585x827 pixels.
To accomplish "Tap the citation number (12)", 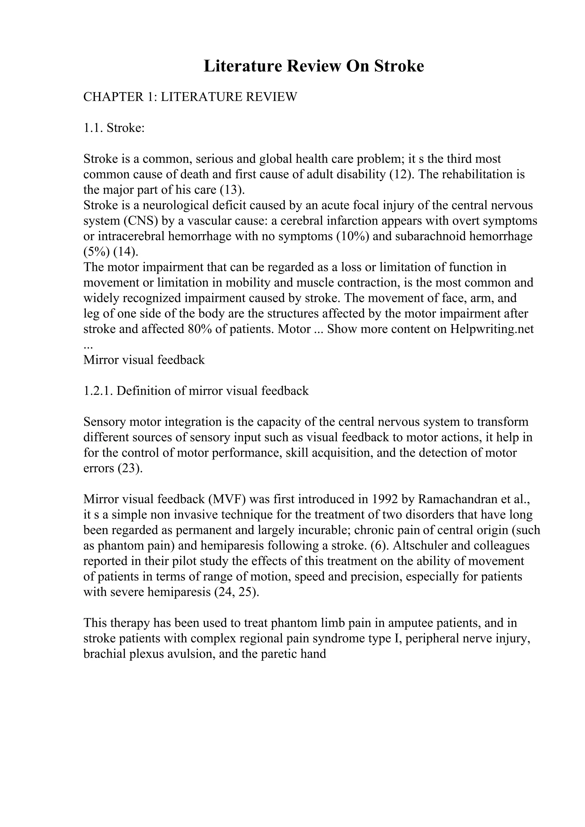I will [402, 174].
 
